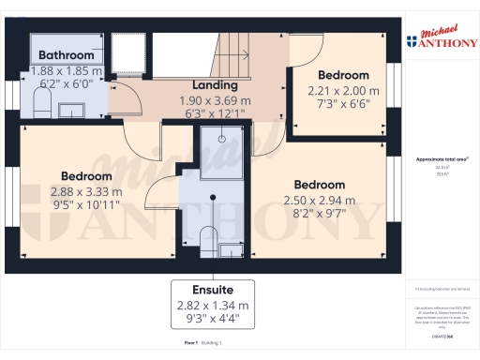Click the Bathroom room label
(x=67, y=56)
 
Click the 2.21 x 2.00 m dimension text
(x=344, y=91)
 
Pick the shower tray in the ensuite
(x=221, y=153)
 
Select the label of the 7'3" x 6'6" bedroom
(x=344, y=76)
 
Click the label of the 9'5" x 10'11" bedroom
(x=86, y=176)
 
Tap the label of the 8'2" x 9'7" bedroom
(x=319, y=185)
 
